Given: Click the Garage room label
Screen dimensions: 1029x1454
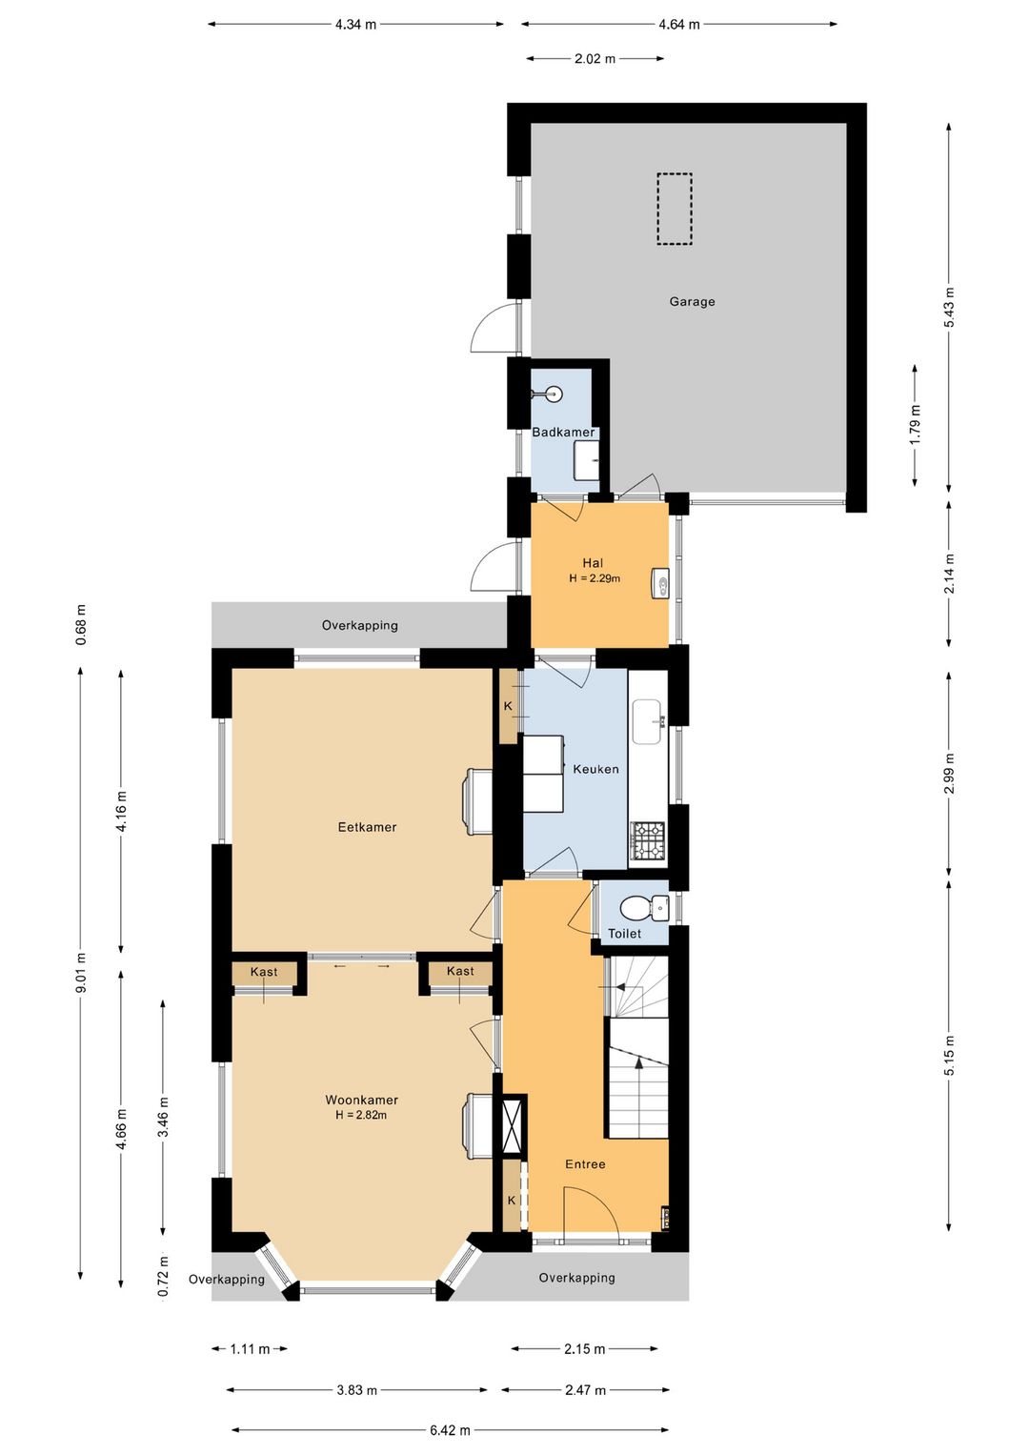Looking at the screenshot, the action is coord(692,302).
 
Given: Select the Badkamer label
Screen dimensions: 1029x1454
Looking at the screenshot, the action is coord(563,433).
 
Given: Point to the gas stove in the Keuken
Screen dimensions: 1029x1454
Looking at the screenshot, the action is coord(647,842).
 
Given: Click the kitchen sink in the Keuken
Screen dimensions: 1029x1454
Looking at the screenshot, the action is coord(647,722).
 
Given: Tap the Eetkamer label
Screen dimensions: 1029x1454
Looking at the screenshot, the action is coord(367,827).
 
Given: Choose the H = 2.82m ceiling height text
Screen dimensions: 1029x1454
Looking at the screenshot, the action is coord(361,1115).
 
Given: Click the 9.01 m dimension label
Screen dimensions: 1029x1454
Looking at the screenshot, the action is coord(80,972).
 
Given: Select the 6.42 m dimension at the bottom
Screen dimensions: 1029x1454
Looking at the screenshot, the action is coord(450,1429).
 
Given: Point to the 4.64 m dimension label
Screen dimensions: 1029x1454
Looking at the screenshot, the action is coord(679,25).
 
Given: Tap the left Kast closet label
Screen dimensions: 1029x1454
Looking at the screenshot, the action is coord(264,972).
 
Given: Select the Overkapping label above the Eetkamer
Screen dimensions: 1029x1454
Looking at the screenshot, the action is coord(359,626).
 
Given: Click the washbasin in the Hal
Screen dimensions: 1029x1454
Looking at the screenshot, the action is coord(659,583).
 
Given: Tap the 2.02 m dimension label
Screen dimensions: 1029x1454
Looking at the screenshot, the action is coord(595,59).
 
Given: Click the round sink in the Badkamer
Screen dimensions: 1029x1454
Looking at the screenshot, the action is coord(554,394).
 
